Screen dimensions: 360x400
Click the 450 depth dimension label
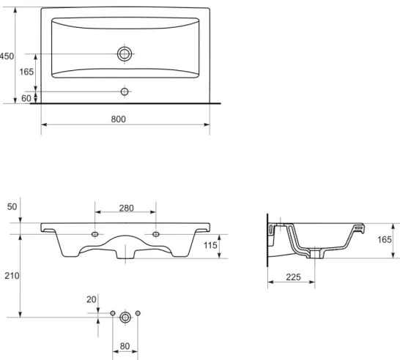point(7,56)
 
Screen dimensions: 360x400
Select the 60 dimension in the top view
point(26,97)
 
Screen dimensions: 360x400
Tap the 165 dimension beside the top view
point(26,72)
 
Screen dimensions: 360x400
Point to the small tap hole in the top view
point(125,91)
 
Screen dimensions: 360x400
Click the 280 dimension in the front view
point(126,209)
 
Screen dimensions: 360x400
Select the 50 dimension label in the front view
point(12,208)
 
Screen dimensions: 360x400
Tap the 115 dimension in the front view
point(210,246)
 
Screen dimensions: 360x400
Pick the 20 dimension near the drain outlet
point(92,300)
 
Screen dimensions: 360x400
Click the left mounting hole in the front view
point(96,234)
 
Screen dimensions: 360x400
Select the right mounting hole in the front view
point(156,234)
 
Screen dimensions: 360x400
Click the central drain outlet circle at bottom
point(125,316)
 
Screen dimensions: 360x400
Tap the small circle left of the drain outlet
point(113,314)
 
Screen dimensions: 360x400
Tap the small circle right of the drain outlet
point(138,314)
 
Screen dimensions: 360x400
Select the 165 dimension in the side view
point(384,239)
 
